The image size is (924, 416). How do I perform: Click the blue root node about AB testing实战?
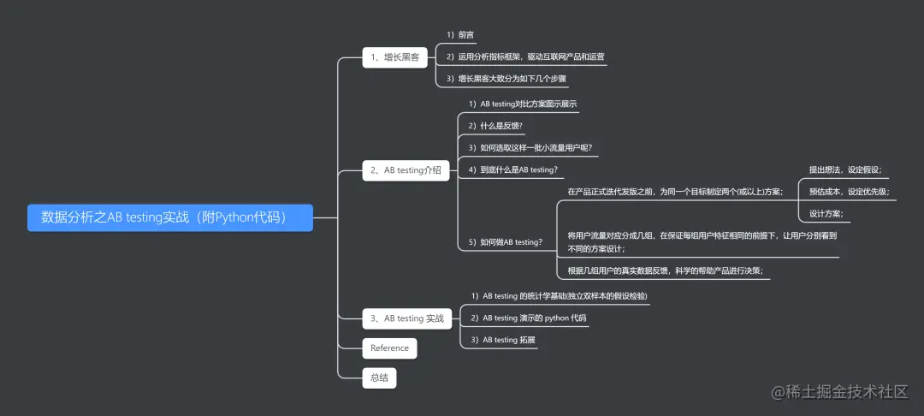(170, 217)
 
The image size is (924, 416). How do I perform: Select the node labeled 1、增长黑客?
(394, 57)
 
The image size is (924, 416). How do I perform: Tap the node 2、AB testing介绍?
(406, 170)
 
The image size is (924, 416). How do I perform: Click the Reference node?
(389, 348)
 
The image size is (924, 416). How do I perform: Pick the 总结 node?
(379, 377)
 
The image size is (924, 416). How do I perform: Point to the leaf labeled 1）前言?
(460, 35)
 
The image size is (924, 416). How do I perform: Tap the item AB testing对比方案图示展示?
(522, 104)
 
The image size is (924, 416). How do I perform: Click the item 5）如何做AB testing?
(505, 242)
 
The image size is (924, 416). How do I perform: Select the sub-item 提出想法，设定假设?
(845, 169)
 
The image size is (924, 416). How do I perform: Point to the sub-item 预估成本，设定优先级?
(849, 191)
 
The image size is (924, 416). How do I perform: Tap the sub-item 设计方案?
(826, 213)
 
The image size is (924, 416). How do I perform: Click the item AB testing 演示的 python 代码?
(529, 318)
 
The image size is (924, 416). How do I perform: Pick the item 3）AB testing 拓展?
(503, 340)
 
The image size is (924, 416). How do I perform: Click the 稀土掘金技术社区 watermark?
(838, 392)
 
